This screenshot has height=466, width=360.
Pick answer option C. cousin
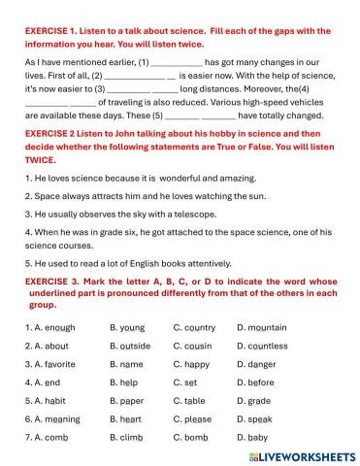[195, 346]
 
